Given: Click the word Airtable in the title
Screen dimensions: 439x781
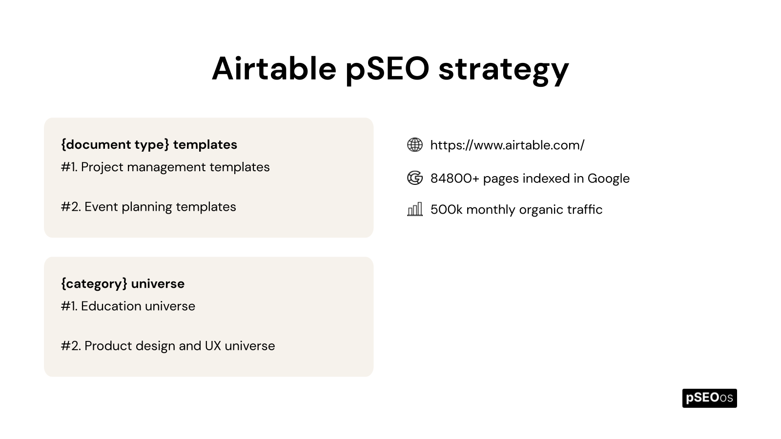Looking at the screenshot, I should click(274, 68).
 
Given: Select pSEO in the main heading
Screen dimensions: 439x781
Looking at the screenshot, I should click(387, 68).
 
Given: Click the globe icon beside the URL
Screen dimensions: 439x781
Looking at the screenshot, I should click(414, 145).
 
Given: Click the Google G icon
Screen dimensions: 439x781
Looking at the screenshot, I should click(414, 178).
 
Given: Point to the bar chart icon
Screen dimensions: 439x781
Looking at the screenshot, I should click(414, 210).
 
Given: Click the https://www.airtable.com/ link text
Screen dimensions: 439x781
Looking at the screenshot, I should click(507, 145).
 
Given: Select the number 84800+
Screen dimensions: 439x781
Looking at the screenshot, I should click(454, 178).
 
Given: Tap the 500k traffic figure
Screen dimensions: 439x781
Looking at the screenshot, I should click(446, 210).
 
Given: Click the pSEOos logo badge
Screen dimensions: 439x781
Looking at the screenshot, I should click(709, 398).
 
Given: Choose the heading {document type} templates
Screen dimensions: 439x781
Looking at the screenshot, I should click(149, 144).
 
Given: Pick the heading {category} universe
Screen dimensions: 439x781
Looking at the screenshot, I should click(123, 283).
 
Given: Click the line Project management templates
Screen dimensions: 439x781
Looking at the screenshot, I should click(175, 167).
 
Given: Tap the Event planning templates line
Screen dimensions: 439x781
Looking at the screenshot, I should click(160, 207).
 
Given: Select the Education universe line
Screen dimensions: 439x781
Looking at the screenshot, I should click(138, 306).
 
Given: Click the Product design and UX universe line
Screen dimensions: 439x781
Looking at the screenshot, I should click(179, 346).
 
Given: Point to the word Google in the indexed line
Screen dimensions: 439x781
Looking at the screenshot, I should click(608, 178).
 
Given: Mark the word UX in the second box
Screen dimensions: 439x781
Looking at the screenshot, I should click(213, 346).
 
